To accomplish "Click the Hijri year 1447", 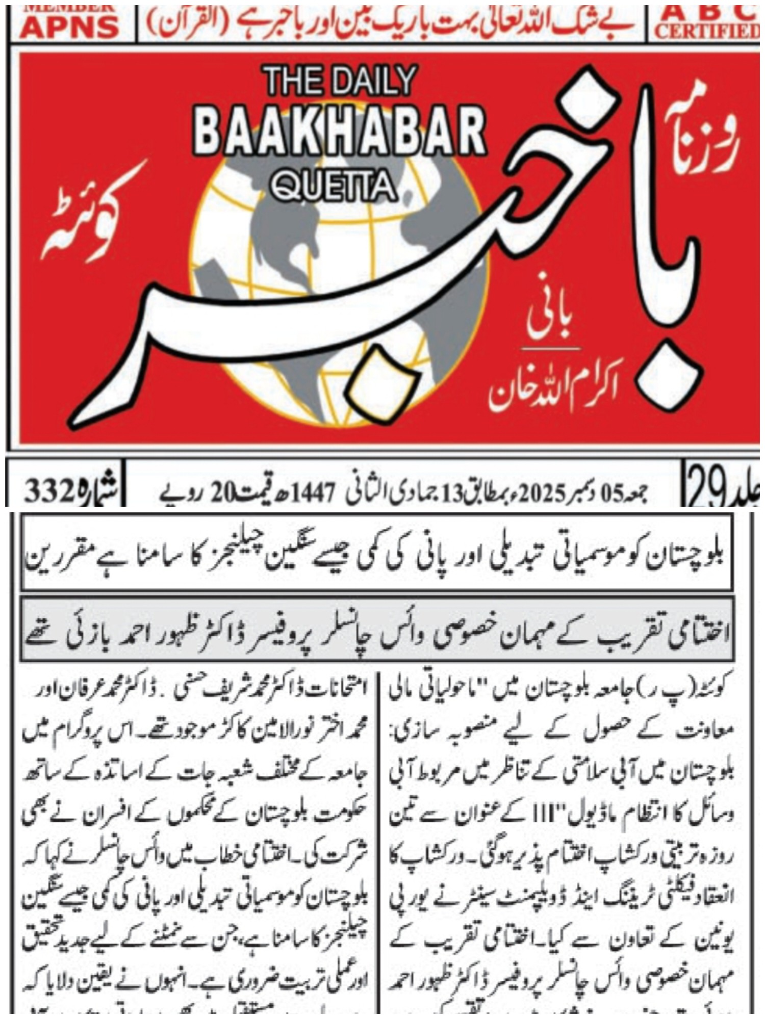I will coord(316,491).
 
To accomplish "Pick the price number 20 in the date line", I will coord(214,491).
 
